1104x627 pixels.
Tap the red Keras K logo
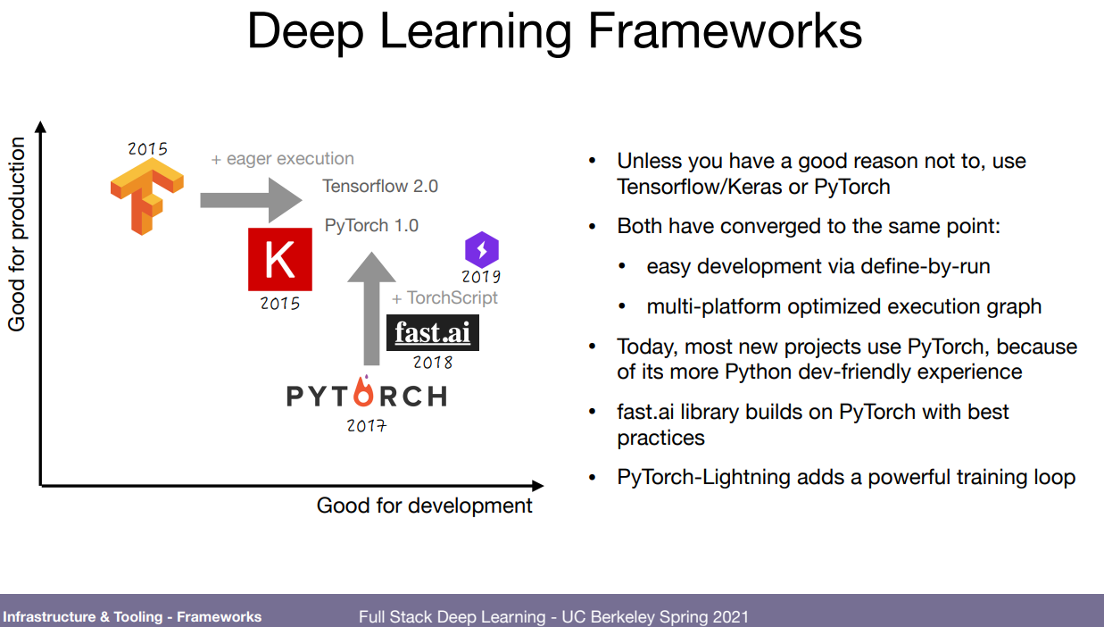tap(280, 259)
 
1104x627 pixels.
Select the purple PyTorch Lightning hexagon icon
tap(482, 248)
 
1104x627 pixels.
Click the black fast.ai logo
tap(433, 333)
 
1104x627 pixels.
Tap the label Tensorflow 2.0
tap(380, 187)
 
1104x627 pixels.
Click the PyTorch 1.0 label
tap(371, 225)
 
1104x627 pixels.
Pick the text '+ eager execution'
tap(282, 159)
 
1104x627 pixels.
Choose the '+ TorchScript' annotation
tap(444, 297)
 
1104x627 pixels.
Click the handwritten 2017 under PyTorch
tap(367, 425)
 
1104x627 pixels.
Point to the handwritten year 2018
tap(433, 363)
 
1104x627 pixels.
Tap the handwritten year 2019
tap(481, 277)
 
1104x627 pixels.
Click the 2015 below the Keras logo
tap(280, 304)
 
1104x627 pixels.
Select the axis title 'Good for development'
tap(425, 506)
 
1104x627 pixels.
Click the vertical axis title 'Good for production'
tap(17, 234)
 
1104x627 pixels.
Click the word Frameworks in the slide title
tap(724, 31)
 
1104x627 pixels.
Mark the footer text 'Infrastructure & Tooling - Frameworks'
tap(132, 616)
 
